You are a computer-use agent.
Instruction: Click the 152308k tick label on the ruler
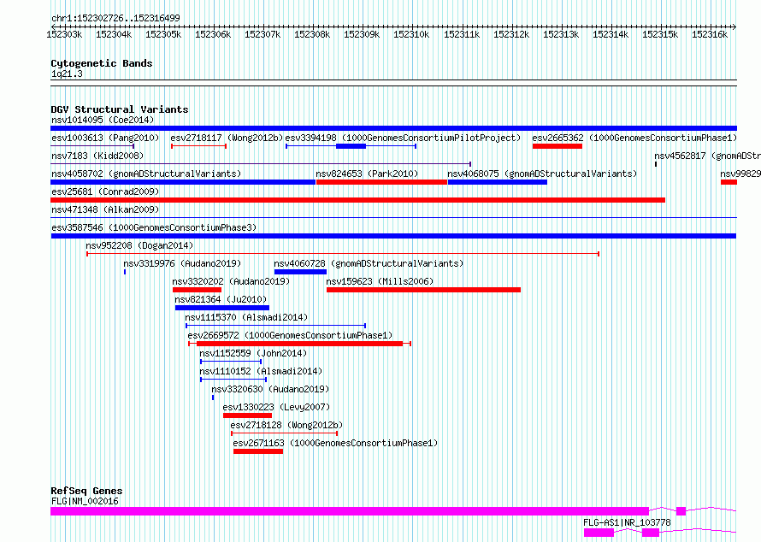[x=312, y=34]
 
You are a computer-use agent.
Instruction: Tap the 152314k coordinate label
[x=611, y=34]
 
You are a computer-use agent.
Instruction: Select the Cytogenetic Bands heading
[x=102, y=63]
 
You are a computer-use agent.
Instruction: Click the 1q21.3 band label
[x=67, y=74]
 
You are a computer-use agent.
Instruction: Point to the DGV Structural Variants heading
[x=120, y=109]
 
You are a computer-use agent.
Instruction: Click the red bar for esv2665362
[x=557, y=146]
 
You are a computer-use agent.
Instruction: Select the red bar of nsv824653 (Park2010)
[x=381, y=182]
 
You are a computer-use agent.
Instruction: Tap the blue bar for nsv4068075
[x=498, y=182]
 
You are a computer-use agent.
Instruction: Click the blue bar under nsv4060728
[x=300, y=272]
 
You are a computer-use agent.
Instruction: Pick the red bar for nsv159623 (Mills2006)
[x=424, y=290]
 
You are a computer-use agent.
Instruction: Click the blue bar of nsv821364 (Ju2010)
[x=222, y=308]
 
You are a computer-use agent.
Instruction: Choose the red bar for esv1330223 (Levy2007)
[x=247, y=415]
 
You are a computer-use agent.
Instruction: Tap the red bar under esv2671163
[x=258, y=451]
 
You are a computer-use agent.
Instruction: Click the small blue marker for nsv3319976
[x=125, y=272]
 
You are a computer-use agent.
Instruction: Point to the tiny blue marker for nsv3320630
[x=213, y=398]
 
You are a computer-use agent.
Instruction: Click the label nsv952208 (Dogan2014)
[x=139, y=245]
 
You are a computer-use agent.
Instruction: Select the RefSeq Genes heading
[x=86, y=491]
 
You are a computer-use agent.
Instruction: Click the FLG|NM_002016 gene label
[x=85, y=501]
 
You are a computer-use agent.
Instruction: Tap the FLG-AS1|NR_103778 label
[x=627, y=522]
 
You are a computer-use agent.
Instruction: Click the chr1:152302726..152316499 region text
[x=115, y=18]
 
